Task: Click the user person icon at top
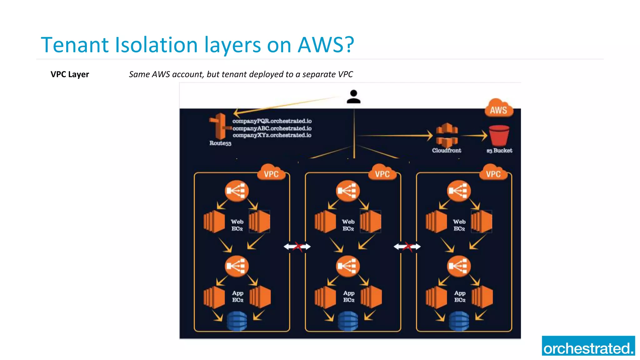pyautogui.click(x=353, y=97)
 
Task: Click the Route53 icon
pyautogui.click(x=220, y=127)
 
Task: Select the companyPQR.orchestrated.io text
pyautogui.click(x=272, y=121)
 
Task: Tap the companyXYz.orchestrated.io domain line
pyautogui.click(x=272, y=135)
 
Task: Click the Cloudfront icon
pyautogui.click(x=447, y=135)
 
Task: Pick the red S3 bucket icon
pyautogui.click(x=499, y=135)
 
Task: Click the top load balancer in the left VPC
pyautogui.click(x=237, y=190)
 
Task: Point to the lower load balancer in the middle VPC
pyautogui.click(x=347, y=266)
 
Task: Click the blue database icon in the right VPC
pyautogui.click(x=459, y=321)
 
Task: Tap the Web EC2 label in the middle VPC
pyautogui.click(x=348, y=225)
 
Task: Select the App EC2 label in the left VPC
pyautogui.click(x=237, y=296)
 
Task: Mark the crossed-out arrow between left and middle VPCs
pyautogui.click(x=297, y=247)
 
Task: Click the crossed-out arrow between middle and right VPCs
pyautogui.click(x=407, y=247)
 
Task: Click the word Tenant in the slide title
pyautogui.click(x=75, y=45)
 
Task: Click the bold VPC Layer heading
pyautogui.click(x=70, y=74)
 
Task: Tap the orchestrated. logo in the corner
pyautogui.click(x=588, y=346)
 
